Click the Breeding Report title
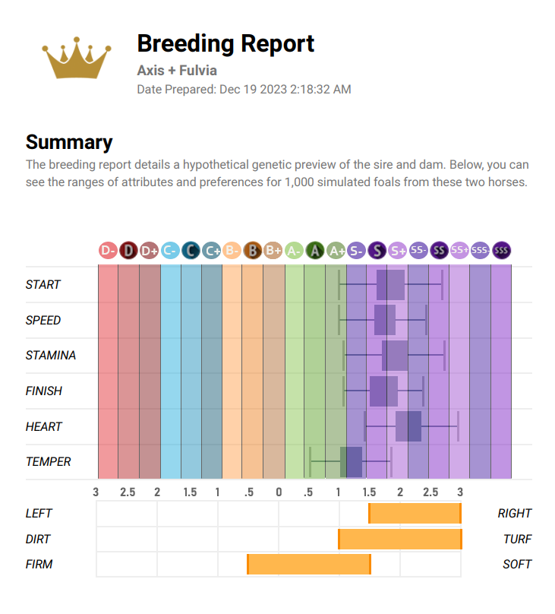point(225,43)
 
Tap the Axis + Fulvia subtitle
point(177,71)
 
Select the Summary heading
point(69,142)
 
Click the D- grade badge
point(108,250)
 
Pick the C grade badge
point(191,250)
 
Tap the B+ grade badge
point(273,250)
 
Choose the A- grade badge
point(294,250)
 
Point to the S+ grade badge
point(397,250)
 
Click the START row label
point(43,285)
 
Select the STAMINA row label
point(51,356)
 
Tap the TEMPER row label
point(49,462)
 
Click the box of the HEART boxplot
point(408,426)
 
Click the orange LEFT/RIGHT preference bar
point(415,514)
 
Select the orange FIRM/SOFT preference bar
point(308,565)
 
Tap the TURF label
point(517,540)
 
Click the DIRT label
point(39,540)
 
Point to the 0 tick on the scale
point(279,492)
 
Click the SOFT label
point(517,565)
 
